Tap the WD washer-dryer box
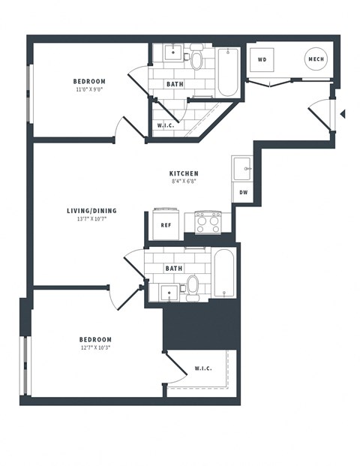click(263, 59)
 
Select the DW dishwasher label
click(243, 193)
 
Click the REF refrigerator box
click(166, 223)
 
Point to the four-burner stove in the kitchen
click(208, 222)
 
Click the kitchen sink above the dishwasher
click(243, 170)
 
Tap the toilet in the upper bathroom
click(196, 57)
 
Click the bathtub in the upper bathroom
click(226, 73)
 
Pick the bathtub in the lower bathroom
click(224, 273)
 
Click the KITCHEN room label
click(184, 173)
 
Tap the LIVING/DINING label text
click(91, 211)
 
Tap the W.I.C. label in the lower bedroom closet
click(202, 368)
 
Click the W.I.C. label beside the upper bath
click(166, 125)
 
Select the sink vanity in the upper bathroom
click(172, 53)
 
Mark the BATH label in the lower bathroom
click(174, 268)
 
